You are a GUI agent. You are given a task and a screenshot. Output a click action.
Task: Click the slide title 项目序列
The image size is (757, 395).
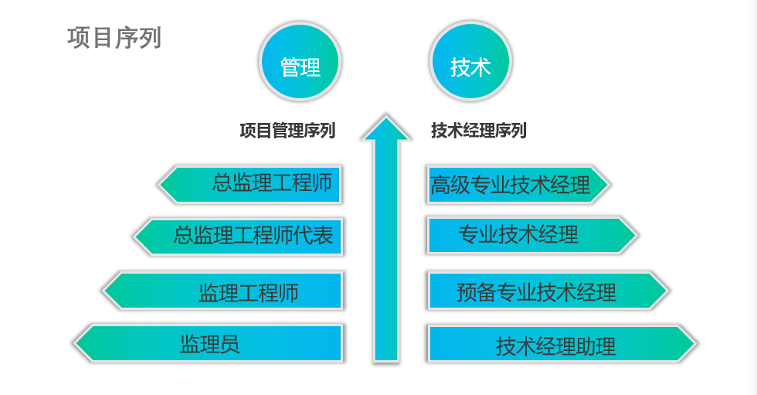click(x=114, y=38)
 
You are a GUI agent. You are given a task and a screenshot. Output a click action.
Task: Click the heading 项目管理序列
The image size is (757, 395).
click(x=287, y=131)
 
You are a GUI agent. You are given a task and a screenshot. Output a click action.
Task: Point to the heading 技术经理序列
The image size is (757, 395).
click(x=478, y=131)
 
